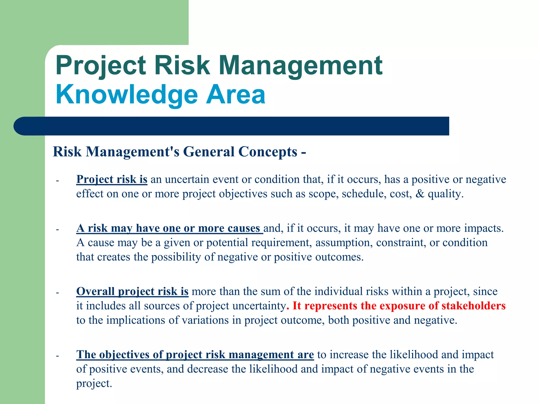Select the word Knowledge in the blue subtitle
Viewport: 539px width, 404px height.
(127, 95)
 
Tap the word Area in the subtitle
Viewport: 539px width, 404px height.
(236, 95)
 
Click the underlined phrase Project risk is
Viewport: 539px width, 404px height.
(112, 179)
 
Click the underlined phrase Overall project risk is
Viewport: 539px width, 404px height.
(132, 291)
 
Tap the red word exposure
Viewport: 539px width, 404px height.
(402, 306)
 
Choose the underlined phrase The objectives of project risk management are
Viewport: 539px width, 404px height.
(195, 355)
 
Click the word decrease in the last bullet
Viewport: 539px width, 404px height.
(208, 369)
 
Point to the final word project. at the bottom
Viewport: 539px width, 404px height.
(94, 384)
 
